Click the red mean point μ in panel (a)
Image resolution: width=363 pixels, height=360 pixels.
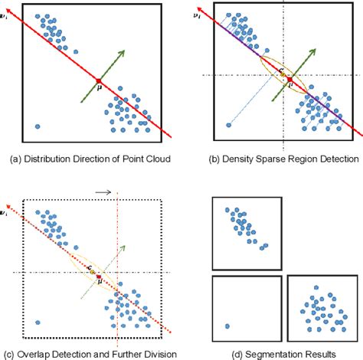coord(99,79)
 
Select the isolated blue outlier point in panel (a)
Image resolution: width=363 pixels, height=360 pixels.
coord(37,126)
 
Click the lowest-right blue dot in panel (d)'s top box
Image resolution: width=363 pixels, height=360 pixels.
coord(265,246)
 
